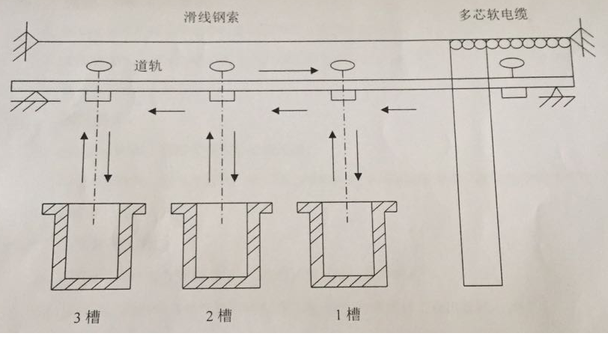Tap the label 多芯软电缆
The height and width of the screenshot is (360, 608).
pyautogui.click(x=493, y=14)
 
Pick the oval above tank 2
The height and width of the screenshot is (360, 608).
pyautogui.click(x=221, y=67)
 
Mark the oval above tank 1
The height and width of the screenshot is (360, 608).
pyautogui.click(x=342, y=66)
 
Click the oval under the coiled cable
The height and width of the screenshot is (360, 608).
pyautogui.click(x=514, y=63)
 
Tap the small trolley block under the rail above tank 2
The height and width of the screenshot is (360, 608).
pyautogui.click(x=221, y=96)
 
